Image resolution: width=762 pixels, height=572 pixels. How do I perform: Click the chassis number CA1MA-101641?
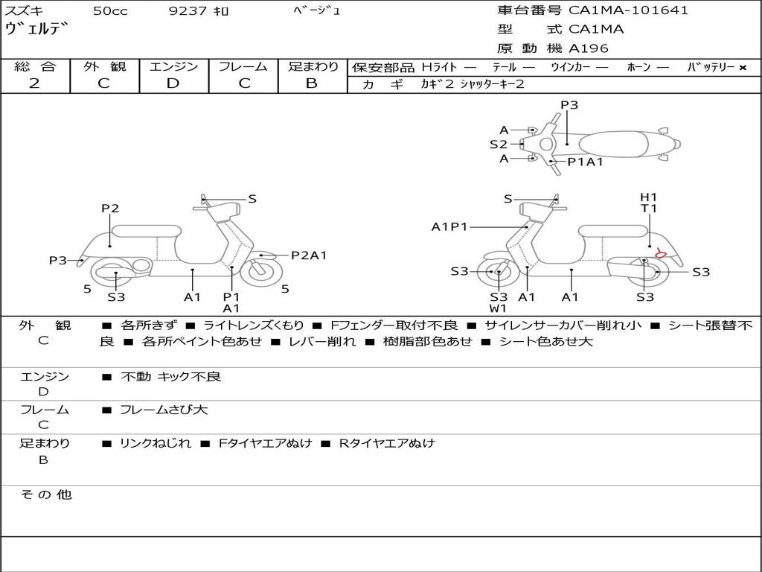(x=628, y=10)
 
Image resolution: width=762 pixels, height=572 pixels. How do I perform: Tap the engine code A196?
(x=589, y=48)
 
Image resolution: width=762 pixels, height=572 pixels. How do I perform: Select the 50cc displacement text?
(x=110, y=10)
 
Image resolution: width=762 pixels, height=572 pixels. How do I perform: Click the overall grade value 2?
(x=34, y=83)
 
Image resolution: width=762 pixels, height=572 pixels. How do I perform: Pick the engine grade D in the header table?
(x=173, y=83)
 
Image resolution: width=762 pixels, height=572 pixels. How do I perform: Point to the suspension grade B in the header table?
(x=312, y=83)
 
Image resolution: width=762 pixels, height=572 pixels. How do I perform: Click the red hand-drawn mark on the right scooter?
(x=659, y=253)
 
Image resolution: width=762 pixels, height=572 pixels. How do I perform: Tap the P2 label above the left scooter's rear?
(x=110, y=209)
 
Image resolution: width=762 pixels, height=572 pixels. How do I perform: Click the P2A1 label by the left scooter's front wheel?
(x=309, y=255)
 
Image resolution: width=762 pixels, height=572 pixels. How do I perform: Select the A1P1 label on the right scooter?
(x=449, y=226)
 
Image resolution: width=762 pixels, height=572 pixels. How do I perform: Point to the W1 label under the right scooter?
(x=498, y=308)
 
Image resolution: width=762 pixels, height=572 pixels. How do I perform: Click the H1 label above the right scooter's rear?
(x=648, y=197)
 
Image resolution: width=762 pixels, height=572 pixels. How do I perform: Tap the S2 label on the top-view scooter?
(x=498, y=144)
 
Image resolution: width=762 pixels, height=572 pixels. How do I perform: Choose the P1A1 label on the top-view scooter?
(x=586, y=162)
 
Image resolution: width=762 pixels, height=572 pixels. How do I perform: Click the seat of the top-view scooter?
(x=613, y=144)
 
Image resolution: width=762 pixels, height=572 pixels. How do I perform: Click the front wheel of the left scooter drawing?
(x=262, y=271)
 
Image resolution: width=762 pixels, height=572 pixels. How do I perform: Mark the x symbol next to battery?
(x=743, y=68)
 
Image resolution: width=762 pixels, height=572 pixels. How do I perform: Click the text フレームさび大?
(x=164, y=410)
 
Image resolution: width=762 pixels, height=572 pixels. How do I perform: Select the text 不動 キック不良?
(x=170, y=376)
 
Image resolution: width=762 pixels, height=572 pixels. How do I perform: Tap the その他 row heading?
(x=46, y=495)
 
